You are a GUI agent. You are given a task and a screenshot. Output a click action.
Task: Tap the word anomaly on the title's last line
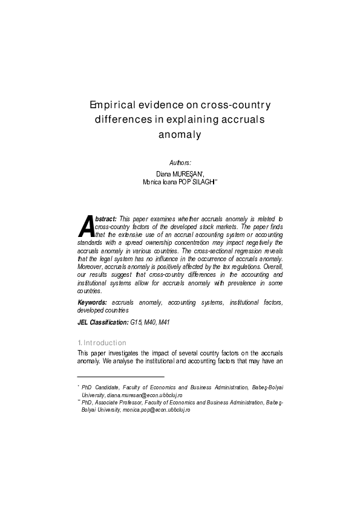179,135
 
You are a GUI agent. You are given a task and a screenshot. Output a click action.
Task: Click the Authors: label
180,163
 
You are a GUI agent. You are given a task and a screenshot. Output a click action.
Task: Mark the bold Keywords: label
93,302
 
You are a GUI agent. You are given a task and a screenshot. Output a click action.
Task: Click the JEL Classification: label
103,322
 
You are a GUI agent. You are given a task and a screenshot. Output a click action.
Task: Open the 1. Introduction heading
102,343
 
